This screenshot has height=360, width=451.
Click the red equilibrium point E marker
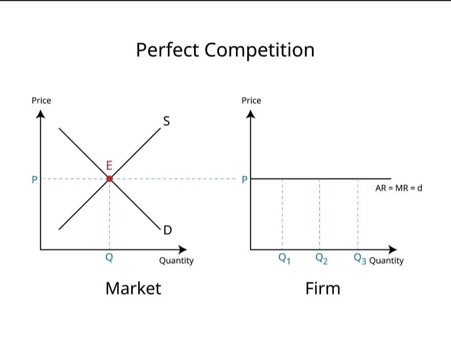[x=109, y=179]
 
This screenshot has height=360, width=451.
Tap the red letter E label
[x=109, y=166]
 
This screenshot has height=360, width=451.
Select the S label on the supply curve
[x=166, y=121]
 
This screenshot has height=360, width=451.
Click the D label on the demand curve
[x=167, y=230]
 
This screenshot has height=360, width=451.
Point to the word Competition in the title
[x=259, y=50]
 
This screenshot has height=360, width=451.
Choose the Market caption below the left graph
[x=133, y=288]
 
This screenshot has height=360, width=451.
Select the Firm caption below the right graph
[x=323, y=288]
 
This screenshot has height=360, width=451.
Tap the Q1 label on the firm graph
[x=284, y=259]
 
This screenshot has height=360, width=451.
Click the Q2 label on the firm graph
[x=321, y=259]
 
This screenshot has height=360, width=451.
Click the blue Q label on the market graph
[x=109, y=258]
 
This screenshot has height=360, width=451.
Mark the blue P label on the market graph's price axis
[x=35, y=179]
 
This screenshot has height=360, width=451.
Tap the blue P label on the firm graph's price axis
[x=245, y=179]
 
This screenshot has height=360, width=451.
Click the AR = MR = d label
[x=399, y=188]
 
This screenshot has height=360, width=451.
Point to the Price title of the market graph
[x=41, y=101]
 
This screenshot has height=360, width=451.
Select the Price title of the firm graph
[x=251, y=101]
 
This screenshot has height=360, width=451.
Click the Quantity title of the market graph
[x=176, y=261]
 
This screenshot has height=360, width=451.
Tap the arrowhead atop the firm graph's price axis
[x=251, y=114]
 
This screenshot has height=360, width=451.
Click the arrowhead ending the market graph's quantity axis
[x=183, y=249]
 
